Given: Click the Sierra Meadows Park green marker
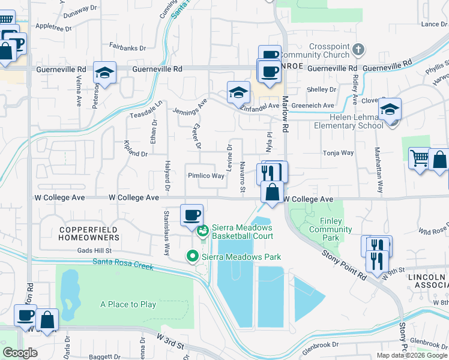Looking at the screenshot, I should click(193, 256).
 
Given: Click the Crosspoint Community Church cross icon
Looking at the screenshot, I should click(358, 49).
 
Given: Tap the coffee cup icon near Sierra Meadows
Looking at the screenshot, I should click(191, 214).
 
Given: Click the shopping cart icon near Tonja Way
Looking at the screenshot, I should click(419, 158).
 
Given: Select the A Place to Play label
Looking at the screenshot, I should click(128, 304).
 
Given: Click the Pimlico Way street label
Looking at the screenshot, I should click(206, 176).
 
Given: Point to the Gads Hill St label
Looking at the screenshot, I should click(95, 250).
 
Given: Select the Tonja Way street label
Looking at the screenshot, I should click(339, 153).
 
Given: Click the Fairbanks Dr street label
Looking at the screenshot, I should click(127, 47).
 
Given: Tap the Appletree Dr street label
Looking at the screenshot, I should click(53, 28).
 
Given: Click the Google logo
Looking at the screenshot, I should click(20, 353).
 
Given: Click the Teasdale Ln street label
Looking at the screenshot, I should click(146, 109).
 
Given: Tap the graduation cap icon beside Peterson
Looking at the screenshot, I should click(105, 73).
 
